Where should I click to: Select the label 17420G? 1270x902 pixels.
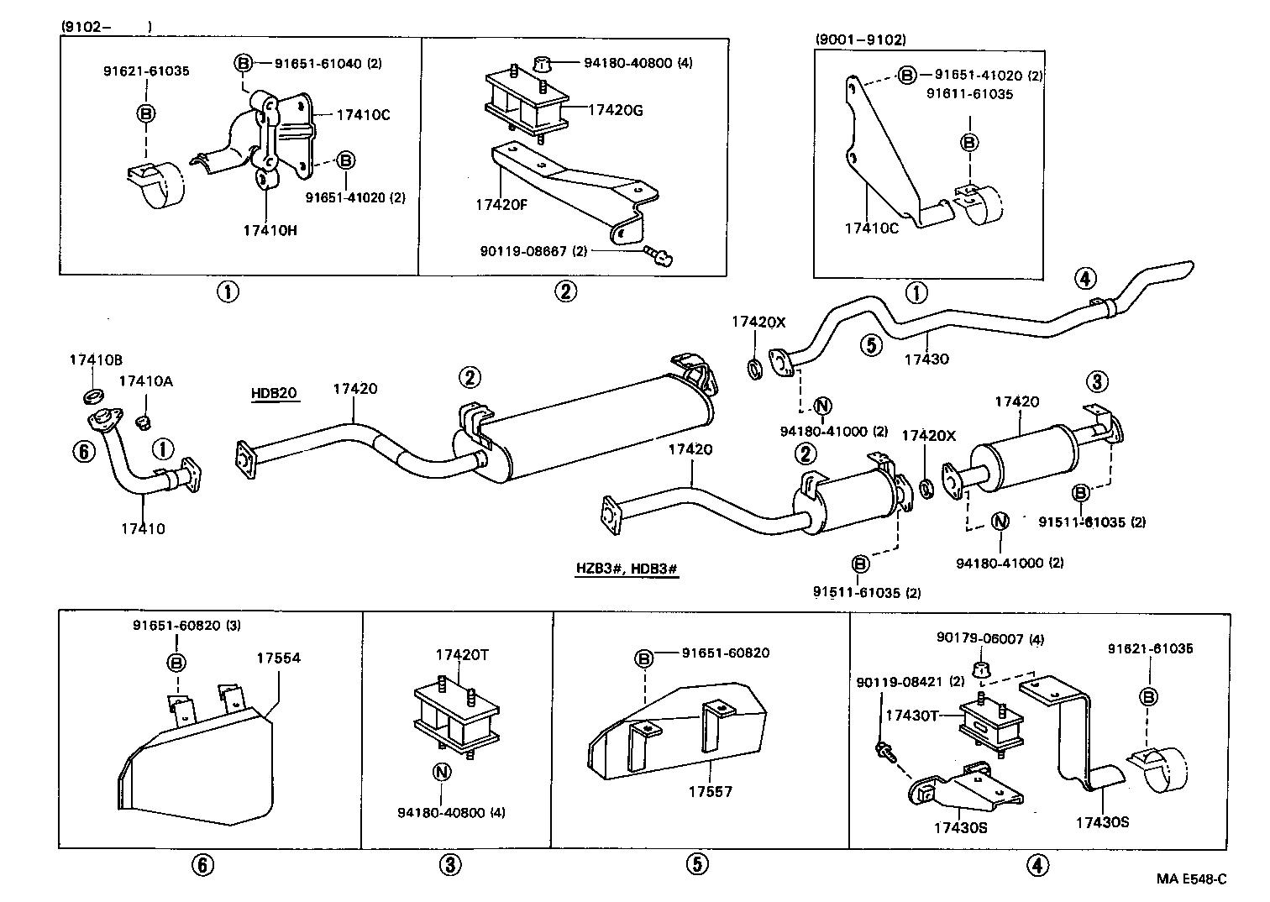[x=615, y=110]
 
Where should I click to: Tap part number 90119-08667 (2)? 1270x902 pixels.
[x=533, y=250]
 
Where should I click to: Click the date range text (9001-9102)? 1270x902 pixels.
[x=860, y=39]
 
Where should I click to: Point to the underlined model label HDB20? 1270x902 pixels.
[x=274, y=393]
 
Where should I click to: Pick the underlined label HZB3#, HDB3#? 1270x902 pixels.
[x=626, y=569]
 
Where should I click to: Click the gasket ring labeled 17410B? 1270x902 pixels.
[x=92, y=395]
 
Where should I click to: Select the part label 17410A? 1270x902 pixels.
[x=145, y=381]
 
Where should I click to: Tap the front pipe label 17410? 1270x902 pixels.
[x=143, y=529]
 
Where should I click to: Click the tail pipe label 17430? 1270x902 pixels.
[x=926, y=359]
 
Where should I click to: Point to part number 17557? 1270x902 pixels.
[x=711, y=791]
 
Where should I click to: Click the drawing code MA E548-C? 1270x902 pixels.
[x=1191, y=878]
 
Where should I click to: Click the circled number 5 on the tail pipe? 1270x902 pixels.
[x=870, y=344]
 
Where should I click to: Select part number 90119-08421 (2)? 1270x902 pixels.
[x=911, y=681]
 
